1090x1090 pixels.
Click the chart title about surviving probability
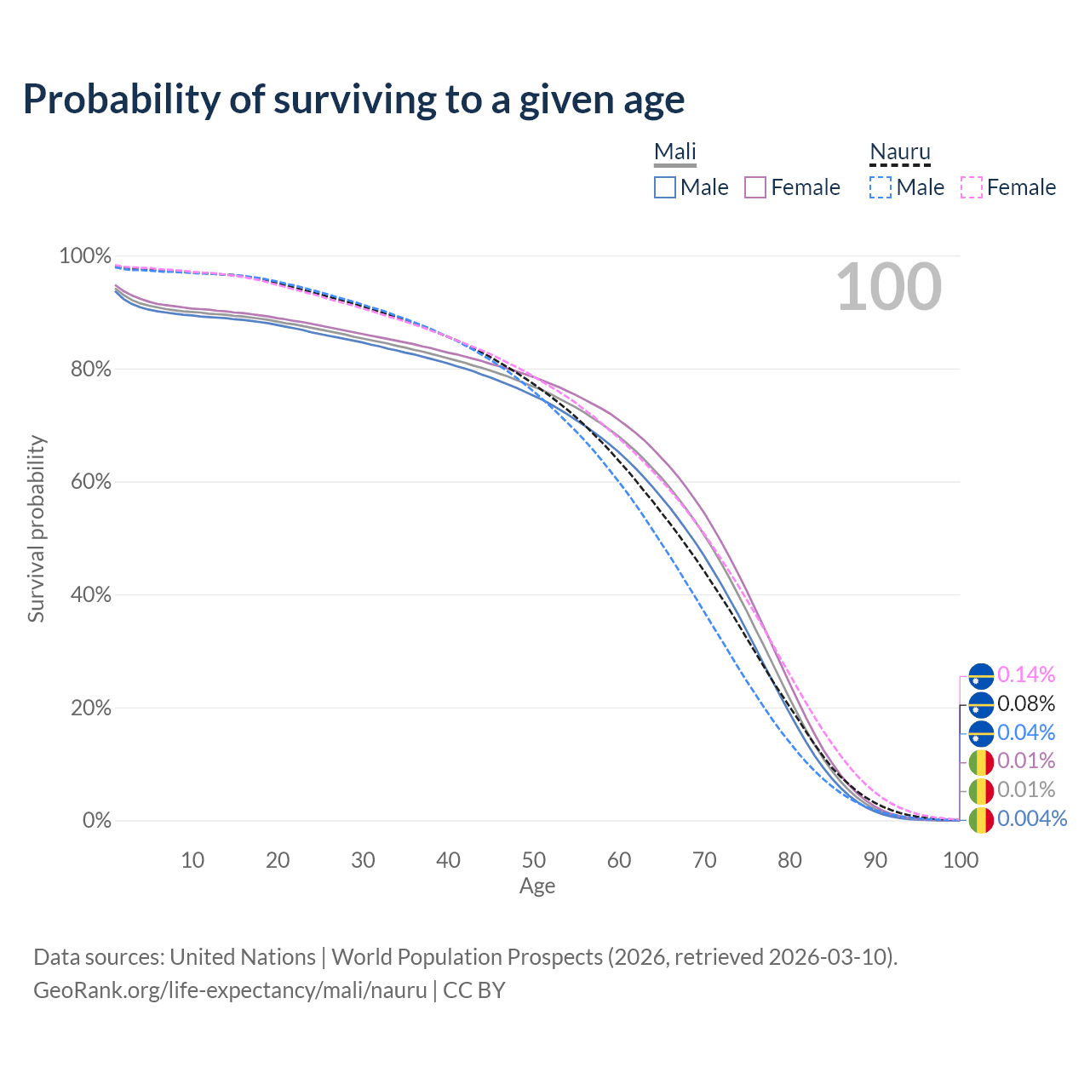pyautogui.click(x=353, y=100)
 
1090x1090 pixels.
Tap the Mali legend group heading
pyautogui.click(x=675, y=152)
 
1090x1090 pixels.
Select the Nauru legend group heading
pyautogui.click(x=899, y=152)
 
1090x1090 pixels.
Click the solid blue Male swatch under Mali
pyautogui.click(x=665, y=187)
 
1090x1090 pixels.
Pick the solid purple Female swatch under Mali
pyautogui.click(x=755, y=187)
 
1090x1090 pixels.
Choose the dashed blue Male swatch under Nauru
pyautogui.click(x=881, y=187)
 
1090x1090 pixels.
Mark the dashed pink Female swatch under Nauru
pyautogui.click(x=971, y=187)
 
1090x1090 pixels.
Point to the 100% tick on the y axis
pyautogui.click(x=85, y=255)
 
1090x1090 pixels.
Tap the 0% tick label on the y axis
pyautogui.click(x=96, y=821)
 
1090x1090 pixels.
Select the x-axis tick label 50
pyautogui.click(x=534, y=860)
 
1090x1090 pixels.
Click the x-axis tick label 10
pyautogui.click(x=192, y=860)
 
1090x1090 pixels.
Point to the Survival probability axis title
pyautogui.click(x=37, y=529)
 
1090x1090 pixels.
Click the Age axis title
pyautogui.click(x=537, y=886)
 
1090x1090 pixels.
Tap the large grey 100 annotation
pyautogui.click(x=888, y=287)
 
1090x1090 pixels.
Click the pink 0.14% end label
pyautogui.click(x=1026, y=675)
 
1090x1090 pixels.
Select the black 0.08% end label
pyautogui.click(x=1026, y=704)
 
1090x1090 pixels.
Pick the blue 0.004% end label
pyautogui.click(x=1031, y=819)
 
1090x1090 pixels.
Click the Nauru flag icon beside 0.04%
pyautogui.click(x=981, y=733)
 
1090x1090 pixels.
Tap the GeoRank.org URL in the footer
pyautogui.click(x=230, y=990)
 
